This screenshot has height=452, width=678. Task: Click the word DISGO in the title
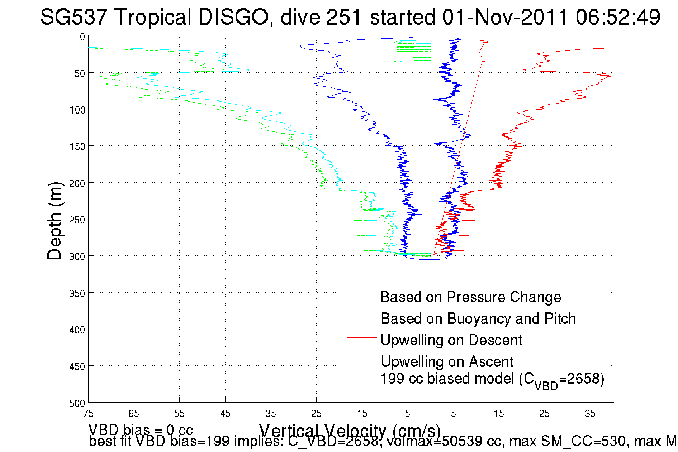pyautogui.click(x=234, y=17)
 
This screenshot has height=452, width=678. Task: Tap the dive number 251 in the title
pyautogui.click(x=343, y=17)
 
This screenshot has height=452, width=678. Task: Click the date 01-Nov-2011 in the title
pyautogui.click(x=505, y=17)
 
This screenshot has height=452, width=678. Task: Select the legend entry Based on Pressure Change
pyautogui.click(x=471, y=297)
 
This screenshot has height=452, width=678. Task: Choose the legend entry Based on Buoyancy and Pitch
pyautogui.click(x=478, y=318)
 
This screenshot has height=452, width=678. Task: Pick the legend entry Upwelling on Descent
pyautogui.click(x=451, y=340)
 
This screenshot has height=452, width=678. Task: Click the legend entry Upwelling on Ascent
pyautogui.click(x=447, y=361)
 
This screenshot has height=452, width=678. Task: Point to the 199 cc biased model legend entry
pyautogui.click(x=492, y=380)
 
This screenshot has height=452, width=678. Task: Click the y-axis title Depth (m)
pyautogui.click(x=55, y=221)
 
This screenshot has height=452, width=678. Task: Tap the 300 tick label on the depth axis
pyautogui.click(x=77, y=256)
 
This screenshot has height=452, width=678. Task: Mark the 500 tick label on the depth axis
pyautogui.click(x=77, y=403)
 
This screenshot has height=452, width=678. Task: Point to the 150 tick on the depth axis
pyautogui.click(x=77, y=146)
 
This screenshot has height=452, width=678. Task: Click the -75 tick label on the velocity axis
pyautogui.click(x=87, y=414)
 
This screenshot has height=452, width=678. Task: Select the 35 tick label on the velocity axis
pyautogui.click(x=590, y=414)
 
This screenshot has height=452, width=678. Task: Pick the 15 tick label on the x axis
pyautogui.click(x=499, y=414)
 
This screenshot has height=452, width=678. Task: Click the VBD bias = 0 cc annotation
pyautogui.click(x=141, y=429)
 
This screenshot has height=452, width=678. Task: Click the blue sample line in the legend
pyautogui.click(x=362, y=295)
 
